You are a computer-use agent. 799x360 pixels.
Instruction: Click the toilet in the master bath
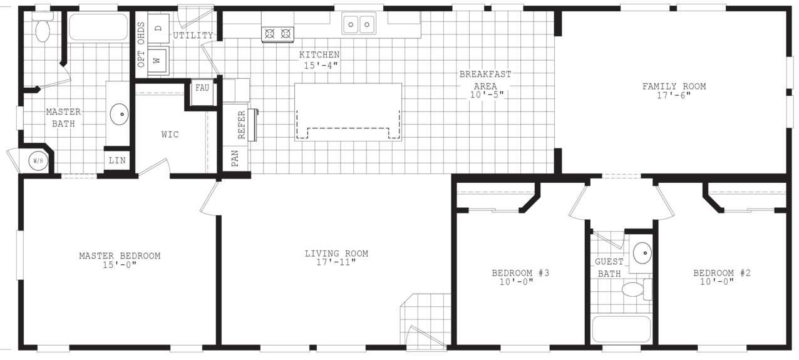43,28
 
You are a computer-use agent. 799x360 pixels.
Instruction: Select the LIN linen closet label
117,160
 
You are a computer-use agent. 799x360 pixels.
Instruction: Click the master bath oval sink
120,114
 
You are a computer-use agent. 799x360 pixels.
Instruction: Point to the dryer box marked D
158,28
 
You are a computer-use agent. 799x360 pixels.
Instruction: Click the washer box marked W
158,61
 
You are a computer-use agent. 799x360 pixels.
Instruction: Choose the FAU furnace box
202,88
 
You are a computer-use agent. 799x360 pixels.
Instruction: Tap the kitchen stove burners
277,33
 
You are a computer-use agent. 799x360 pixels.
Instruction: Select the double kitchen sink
359,24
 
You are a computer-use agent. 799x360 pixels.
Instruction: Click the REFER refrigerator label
241,125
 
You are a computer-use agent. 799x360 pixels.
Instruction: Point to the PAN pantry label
235,158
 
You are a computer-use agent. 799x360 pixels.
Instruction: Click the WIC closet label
170,135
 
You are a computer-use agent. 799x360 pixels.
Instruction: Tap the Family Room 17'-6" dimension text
674,96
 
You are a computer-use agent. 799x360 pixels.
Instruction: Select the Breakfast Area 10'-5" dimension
487,95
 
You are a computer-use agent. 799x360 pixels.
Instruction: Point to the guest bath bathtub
621,329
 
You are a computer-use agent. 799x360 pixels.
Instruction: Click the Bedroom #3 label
520,273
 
